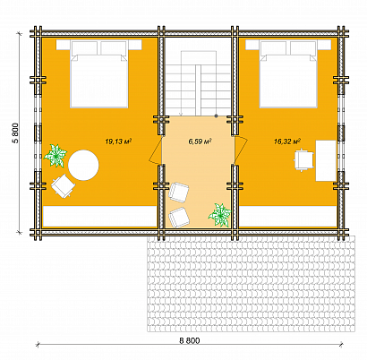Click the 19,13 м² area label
tap(118, 141)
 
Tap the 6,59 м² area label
tap(200, 141)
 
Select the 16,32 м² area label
tap(287, 141)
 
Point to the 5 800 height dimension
tap(16, 133)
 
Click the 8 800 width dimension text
tap(190, 340)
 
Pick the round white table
tap(83, 165)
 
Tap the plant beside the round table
tap(55, 155)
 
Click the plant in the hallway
tap(220, 215)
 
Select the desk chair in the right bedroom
tap(303, 160)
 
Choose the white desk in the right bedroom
tap(326, 160)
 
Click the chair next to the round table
tap(63, 186)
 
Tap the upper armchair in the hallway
tap(179, 192)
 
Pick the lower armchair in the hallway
tap(179, 218)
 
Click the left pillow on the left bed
tap(84, 48)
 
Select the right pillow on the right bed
tap(303, 48)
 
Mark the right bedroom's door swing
tap(241, 150)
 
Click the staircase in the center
tap(198, 83)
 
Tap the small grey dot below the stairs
tap(216, 116)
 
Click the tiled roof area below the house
tap(251, 284)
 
